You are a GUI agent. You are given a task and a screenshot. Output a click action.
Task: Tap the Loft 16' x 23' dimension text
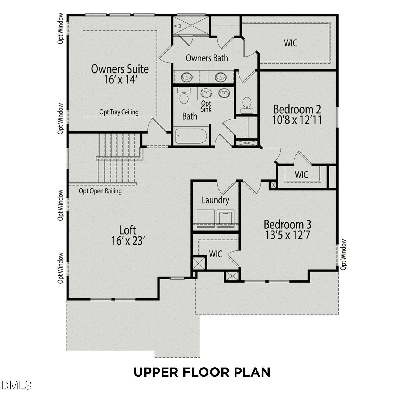128,241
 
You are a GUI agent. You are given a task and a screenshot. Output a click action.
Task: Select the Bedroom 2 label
297,109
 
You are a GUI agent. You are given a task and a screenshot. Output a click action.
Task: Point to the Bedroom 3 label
288,224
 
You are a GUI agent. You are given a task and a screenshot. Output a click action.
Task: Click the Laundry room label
215,200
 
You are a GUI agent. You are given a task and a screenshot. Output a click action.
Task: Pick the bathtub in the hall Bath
191,136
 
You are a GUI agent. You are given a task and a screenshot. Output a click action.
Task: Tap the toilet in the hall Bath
184,96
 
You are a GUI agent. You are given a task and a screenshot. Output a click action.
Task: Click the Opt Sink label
206,106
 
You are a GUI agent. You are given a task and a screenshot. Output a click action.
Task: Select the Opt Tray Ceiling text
119,112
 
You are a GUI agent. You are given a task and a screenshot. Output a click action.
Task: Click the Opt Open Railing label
100,191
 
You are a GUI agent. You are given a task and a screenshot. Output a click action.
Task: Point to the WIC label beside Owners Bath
291,43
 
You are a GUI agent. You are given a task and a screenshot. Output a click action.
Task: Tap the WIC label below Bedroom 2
301,175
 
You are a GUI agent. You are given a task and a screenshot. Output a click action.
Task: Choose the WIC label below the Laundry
216,254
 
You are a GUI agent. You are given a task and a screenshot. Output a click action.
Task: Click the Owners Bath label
207,58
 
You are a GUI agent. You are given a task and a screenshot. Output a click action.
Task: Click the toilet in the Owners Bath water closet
246,105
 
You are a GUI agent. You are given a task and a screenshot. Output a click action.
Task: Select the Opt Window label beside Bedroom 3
343,255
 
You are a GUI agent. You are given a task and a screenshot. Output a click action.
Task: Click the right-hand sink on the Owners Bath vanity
221,77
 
